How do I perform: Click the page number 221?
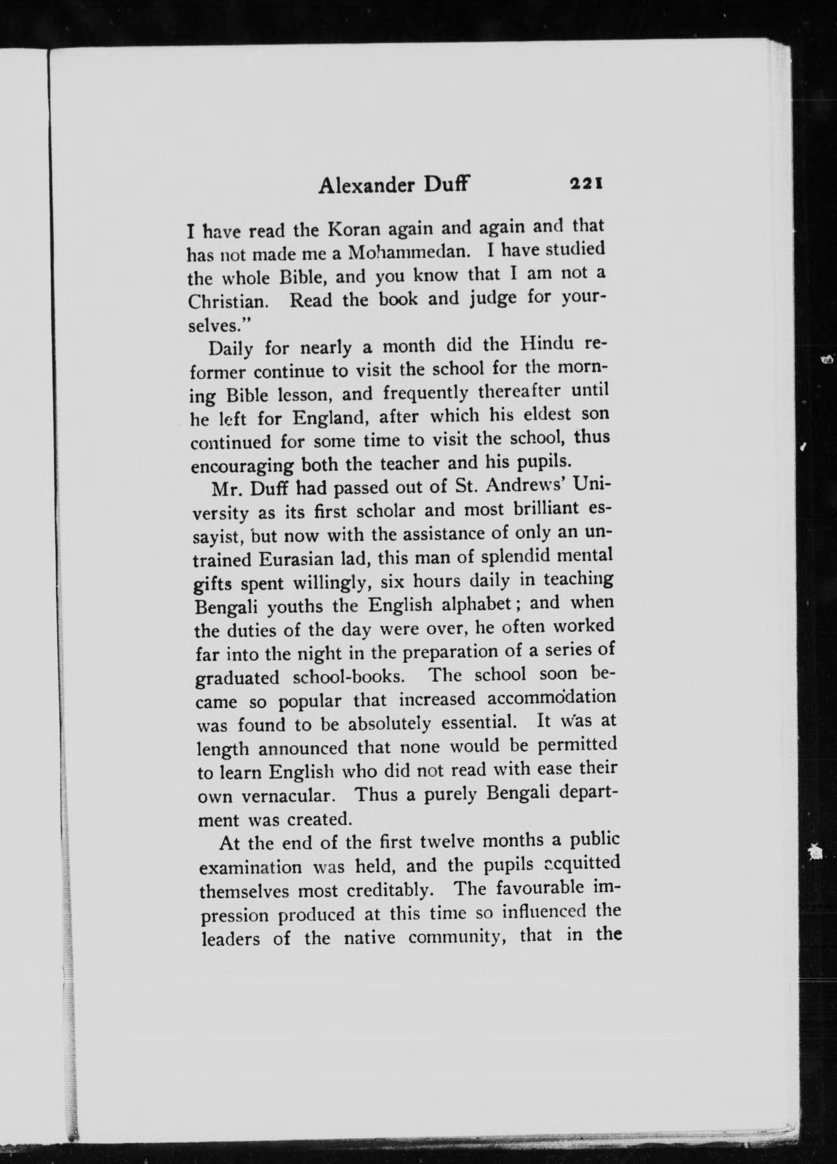pyautogui.click(x=585, y=183)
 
